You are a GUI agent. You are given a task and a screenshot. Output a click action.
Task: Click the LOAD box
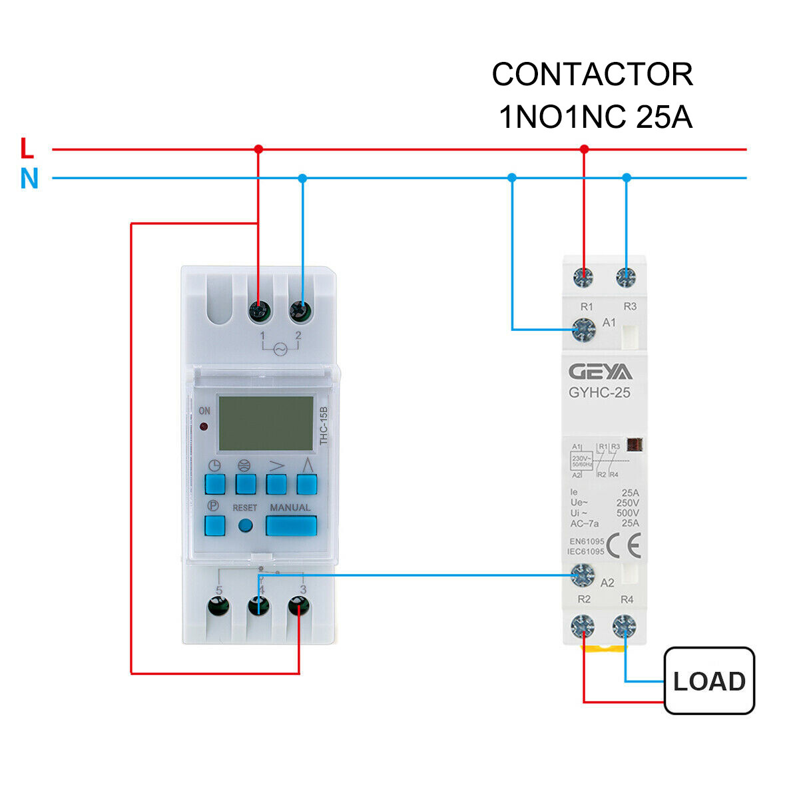709,680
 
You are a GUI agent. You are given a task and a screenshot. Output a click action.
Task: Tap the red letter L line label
27,148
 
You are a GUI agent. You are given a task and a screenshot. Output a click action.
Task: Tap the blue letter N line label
29,178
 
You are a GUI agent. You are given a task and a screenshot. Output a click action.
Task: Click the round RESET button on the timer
245,525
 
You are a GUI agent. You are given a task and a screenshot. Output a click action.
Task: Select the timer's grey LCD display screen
266,423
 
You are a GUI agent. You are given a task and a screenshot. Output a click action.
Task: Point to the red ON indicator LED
204,426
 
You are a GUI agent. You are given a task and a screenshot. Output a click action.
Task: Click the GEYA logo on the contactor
601,372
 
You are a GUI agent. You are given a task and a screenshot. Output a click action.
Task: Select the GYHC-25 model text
599,393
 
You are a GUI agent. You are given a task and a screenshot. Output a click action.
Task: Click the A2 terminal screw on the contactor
583,573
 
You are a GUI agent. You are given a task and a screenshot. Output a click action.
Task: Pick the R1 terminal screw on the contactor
584,277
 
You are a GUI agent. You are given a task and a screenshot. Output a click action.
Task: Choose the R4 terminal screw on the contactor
625,626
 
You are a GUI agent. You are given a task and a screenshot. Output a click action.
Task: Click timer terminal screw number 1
258,311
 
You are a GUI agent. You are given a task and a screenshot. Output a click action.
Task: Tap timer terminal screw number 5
218,607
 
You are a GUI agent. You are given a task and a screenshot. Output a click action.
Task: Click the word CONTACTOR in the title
592,75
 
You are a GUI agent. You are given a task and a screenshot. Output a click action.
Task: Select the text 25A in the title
664,117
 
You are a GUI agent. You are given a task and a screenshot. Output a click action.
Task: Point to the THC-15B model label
324,426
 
